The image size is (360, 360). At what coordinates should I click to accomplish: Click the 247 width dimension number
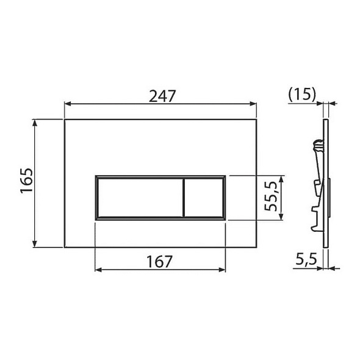[x=162, y=96]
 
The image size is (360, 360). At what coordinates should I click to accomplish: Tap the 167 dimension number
[x=160, y=261]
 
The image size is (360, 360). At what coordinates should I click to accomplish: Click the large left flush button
[x=139, y=197]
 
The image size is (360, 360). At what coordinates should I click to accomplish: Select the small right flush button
[x=204, y=197]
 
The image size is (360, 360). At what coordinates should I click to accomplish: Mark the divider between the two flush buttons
[x=182, y=197]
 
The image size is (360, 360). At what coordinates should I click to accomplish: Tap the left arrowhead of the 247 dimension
[x=68, y=104]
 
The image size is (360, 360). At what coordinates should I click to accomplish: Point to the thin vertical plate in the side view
[x=328, y=183]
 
